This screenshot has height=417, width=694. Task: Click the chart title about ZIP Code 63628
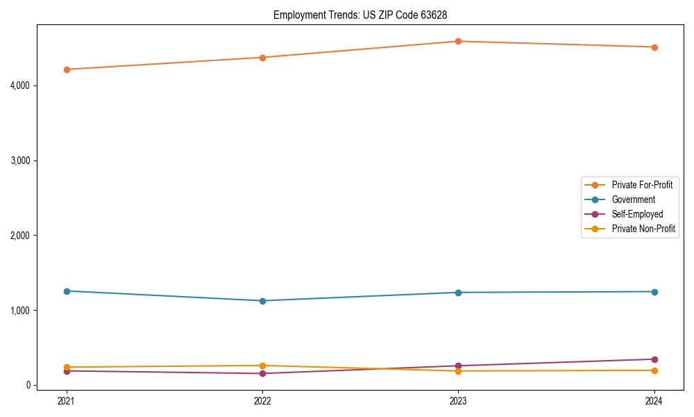(364, 15)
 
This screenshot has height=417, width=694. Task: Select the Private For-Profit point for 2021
(67, 69)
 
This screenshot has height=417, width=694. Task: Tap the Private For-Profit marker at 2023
(458, 41)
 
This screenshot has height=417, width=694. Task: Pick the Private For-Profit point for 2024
(654, 47)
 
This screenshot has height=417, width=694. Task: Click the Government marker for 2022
(262, 301)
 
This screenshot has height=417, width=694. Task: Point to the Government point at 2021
(67, 291)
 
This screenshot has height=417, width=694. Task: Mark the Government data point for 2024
(654, 292)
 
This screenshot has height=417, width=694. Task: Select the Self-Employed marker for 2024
(654, 359)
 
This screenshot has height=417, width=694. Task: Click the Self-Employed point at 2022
(262, 374)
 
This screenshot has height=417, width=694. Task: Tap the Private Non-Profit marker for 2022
(262, 366)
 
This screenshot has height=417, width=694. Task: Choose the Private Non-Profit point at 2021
(67, 367)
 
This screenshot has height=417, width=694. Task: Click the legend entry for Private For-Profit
(642, 185)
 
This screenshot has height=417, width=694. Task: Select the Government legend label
(633, 199)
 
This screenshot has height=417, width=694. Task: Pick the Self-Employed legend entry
(637, 214)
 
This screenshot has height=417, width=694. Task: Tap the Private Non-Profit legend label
(643, 229)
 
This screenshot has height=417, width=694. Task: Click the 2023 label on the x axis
(458, 400)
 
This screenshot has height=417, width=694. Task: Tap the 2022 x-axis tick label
(262, 400)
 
